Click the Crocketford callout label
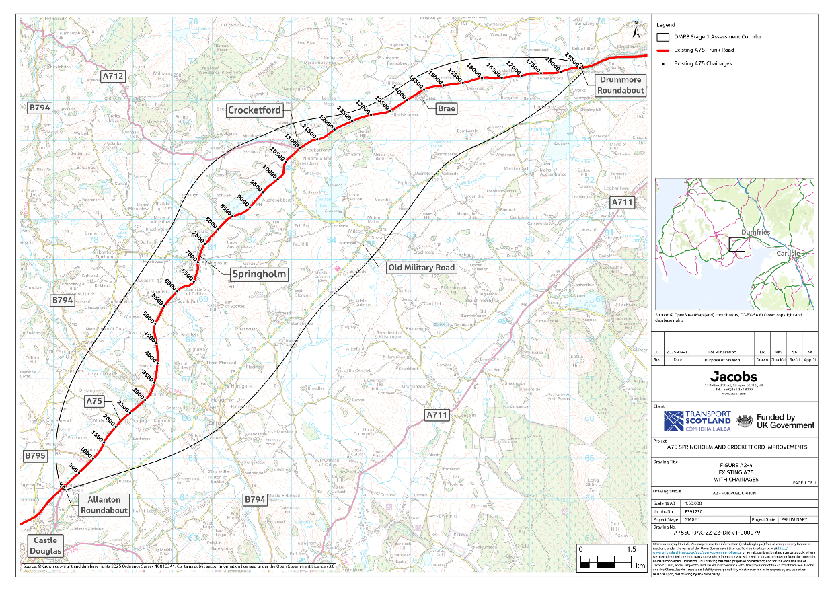tap(254, 110)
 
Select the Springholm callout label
tap(259, 274)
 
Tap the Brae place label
tap(446, 107)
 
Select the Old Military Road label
tap(422, 268)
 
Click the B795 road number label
tap(37, 456)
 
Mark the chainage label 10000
tap(270, 171)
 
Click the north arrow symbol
tap(636, 30)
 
